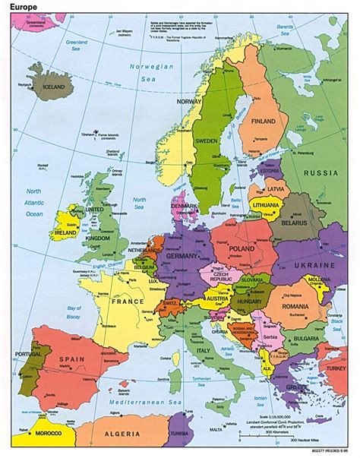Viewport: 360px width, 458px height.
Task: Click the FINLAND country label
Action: pos(264,121)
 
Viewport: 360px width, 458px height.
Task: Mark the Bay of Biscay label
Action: pos(74,311)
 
